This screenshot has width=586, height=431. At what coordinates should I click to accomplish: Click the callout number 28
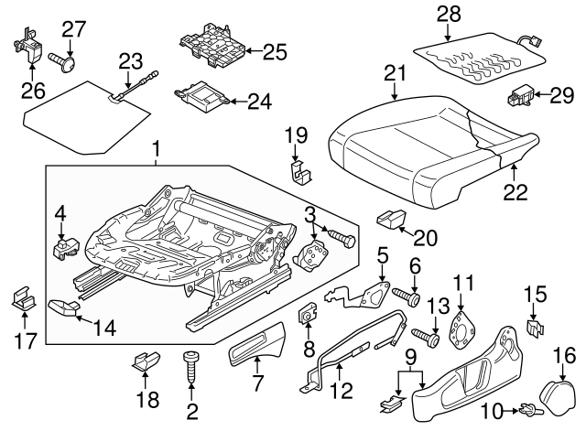point(448,15)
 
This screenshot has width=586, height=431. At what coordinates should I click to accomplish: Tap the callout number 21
point(395,72)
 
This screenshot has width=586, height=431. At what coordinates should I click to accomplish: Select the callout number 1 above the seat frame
point(156,146)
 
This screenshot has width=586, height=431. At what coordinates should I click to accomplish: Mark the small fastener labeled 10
point(528,408)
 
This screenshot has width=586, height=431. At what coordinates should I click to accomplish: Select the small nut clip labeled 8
point(307,316)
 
